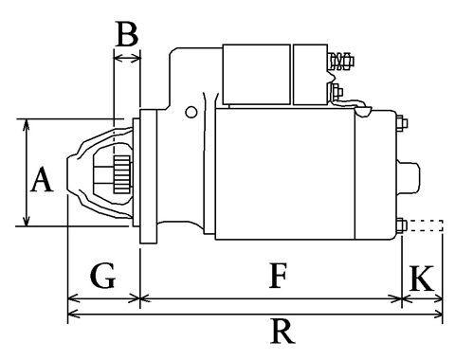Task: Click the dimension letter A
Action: [x=42, y=180]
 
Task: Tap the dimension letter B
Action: [x=127, y=33]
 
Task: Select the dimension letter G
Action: [x=103, y=276]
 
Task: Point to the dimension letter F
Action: [x=278, y=276]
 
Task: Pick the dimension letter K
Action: [x=422, y=278]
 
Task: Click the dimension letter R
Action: [x=282, y=332]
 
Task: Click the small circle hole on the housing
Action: [x=191, y=112]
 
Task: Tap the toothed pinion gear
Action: [x=122, y=174]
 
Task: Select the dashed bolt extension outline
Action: [x=426, y=225]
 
